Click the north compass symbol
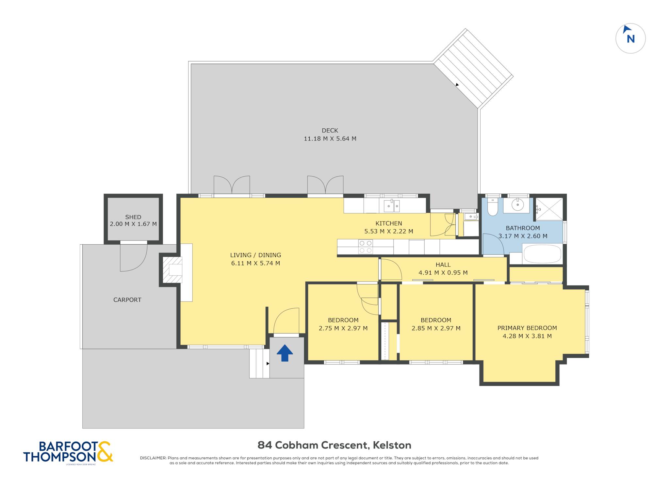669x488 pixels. click(630, 38)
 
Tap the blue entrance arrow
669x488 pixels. click(285, 353)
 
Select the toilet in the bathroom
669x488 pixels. click(492, 207)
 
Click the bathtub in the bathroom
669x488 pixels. click(542, 254)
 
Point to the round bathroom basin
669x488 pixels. click(518, 205)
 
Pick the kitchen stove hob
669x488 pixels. click(366, 247)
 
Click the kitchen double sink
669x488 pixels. click(392, 206)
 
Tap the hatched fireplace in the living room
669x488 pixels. click(172, 270)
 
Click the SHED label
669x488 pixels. click(133, 217)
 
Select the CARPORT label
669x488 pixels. click(127, 300)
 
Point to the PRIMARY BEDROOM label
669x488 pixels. click(527, 328)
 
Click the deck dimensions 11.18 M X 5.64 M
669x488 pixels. click(330, 138)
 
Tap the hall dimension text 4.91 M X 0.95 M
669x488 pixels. click(443, 272)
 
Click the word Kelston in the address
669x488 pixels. click(392, 445)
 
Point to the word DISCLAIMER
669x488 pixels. click(153, 458)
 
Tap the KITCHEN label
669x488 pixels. click(389, 223)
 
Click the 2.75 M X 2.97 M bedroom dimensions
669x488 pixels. click(343, 328)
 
